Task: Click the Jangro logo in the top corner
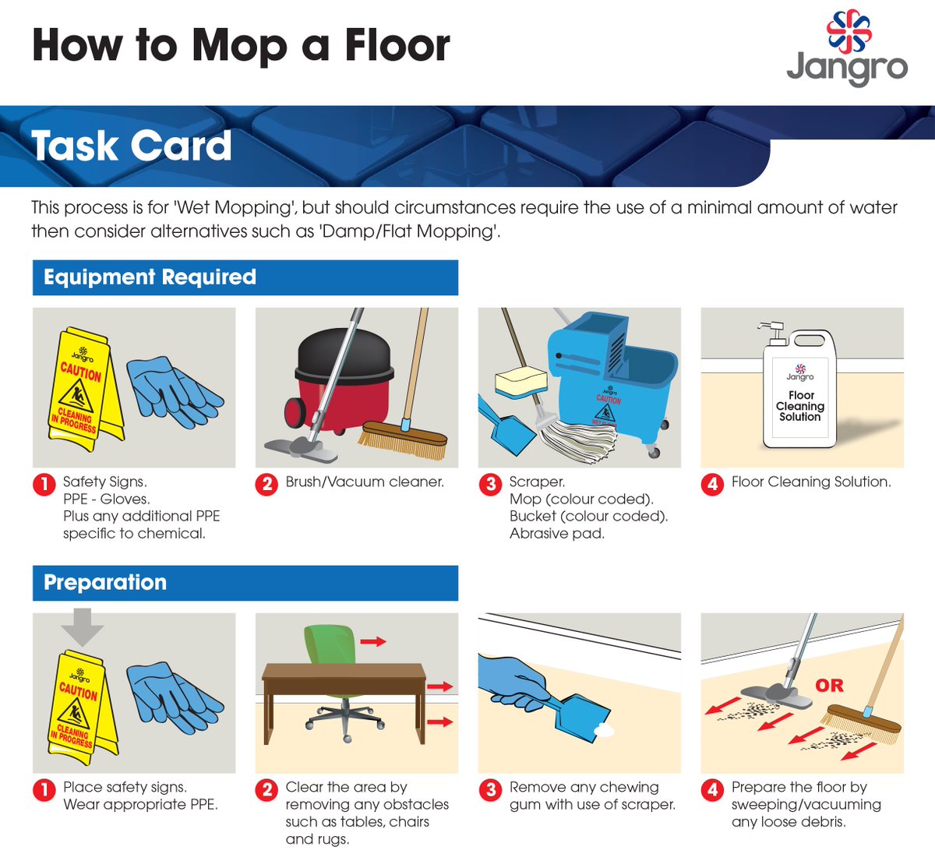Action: [x=847, y=48]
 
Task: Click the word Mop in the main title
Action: [x=240, y=47]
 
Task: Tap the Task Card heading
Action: [x=131, y=146]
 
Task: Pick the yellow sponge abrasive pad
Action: [x=520, y=384]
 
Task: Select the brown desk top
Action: [x=344, y=672]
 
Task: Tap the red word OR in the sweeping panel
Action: [x=829, y=685]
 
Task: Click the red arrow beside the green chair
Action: [x=373, y=642]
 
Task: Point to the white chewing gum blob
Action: [x=605, y=732]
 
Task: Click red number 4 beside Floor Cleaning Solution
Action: [x=712, y=485]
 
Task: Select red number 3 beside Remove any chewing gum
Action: [x=490, y=789]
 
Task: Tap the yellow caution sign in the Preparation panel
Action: [x=83, y=708]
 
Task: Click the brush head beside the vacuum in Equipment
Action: [x=403, y=439]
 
